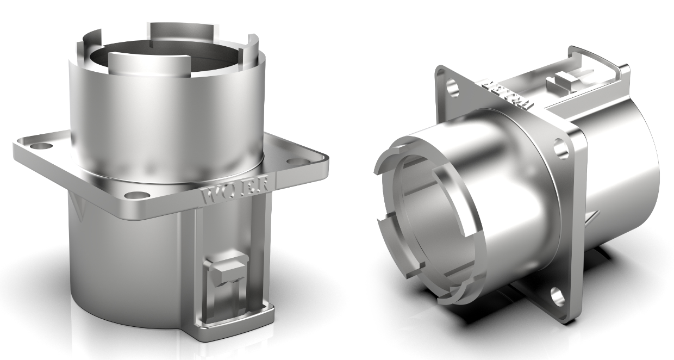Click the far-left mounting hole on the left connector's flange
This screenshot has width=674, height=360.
pos(38,146)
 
